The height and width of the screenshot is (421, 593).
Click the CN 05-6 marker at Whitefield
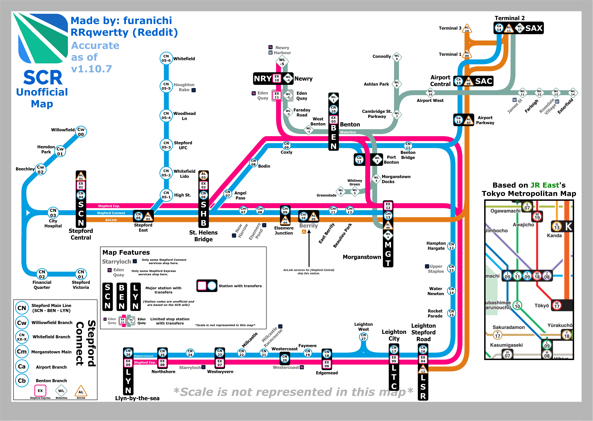click(x=166, y=58)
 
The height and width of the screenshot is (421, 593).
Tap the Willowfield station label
click(x=63, y=130)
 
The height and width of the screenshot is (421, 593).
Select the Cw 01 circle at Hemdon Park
click(x=60, y=151)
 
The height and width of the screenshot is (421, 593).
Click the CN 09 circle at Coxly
click(x=286, y=145)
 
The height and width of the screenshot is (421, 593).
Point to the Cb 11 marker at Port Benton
click(x=359, y=159)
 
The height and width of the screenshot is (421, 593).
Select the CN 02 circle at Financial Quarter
click(x=42, y=274)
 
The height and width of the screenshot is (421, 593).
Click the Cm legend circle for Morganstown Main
click(x=22, y=352)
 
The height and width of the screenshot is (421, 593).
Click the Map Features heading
click(x=126, y=252)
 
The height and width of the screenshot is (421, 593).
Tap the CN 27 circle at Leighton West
click(x=363, y=337)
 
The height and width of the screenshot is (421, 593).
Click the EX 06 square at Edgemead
click(x=327, y=364)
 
